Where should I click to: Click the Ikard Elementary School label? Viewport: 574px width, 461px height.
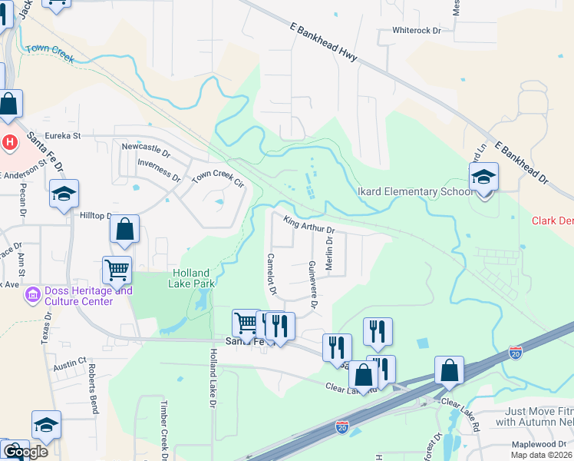(x=415, y=191)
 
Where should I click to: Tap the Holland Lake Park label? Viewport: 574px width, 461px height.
(x=191, y=277)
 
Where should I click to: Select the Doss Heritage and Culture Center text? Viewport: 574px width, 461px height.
(x=78, y=296)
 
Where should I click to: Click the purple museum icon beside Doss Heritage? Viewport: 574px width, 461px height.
(x=32, y=295)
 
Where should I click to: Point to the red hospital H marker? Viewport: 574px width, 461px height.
(x=10, y=142)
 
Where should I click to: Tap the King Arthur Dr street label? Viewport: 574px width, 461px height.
(x=309, y=226)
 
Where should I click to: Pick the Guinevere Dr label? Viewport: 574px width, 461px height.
(x=312, y=284)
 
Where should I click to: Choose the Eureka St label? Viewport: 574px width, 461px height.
(x=63, y=136)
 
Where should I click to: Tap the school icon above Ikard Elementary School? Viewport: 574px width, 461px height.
(x=483, y=177)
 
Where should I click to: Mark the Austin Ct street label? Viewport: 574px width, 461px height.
(x=70, y=368)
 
